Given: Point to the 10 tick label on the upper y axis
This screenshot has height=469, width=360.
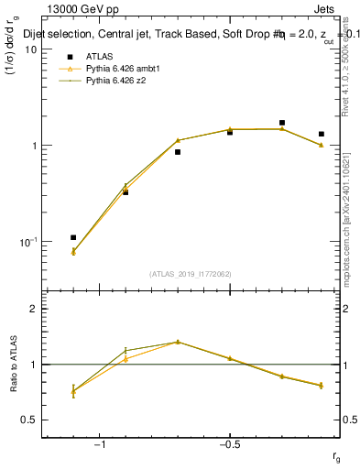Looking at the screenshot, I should (x=30, y=49).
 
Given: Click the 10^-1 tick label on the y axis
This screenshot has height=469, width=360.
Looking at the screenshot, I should (x=27, y=241).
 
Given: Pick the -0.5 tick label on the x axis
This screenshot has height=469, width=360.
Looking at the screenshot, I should (x=228, y=444).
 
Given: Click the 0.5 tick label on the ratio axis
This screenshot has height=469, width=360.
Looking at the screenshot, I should (x=28, y=420).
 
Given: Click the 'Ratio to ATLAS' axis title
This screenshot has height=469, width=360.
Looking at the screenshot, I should (x=14, y=364).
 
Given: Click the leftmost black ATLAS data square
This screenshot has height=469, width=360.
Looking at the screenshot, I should (x=73, y=237).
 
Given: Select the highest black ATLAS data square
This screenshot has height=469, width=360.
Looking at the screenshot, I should (x=282, y=122).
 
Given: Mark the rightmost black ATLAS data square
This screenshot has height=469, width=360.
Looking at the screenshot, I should (x=322, y=134).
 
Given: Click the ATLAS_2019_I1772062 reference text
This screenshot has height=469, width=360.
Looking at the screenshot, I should (x=191, y=273).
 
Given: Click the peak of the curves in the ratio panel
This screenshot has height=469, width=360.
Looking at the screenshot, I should (x=178, y=342).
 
